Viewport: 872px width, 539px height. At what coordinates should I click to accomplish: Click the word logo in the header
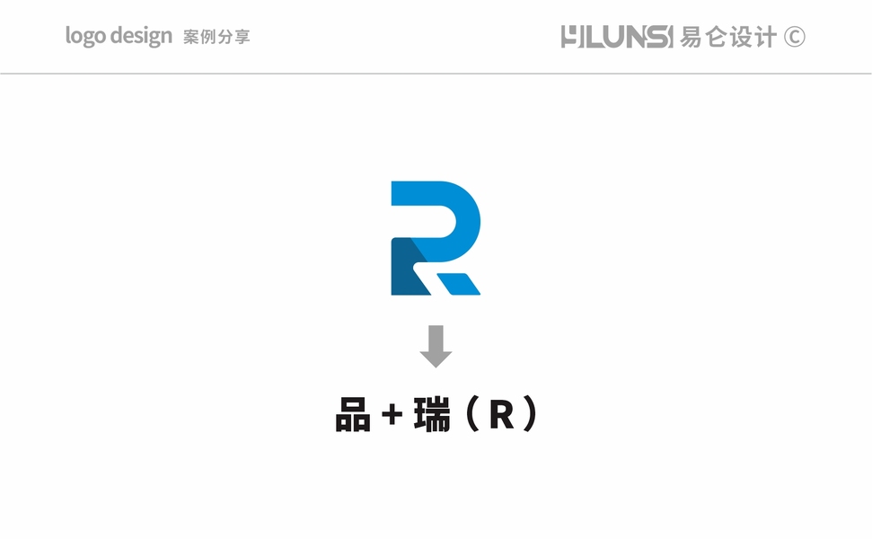coord(85,37)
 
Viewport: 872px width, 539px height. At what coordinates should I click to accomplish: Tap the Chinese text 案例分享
coord(216,38)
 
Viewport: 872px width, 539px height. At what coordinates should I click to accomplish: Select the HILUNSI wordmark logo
coord(616,37)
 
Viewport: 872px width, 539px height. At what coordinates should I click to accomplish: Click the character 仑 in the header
coord(716,37)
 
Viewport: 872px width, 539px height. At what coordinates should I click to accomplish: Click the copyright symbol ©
coord(794,37)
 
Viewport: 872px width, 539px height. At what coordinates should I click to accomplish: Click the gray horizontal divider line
coord(436,74)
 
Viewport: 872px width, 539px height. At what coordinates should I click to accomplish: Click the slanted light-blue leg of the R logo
coord(457,283)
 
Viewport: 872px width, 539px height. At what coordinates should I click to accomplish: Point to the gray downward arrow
coord(436,346)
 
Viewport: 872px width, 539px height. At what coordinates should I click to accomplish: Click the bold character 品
coord(353,415)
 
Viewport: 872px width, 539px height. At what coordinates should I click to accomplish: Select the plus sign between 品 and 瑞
coord(390,416)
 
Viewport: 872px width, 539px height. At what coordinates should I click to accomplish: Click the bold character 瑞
coord(432,415)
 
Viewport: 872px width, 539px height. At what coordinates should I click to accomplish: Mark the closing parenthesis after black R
coord(530,415)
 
